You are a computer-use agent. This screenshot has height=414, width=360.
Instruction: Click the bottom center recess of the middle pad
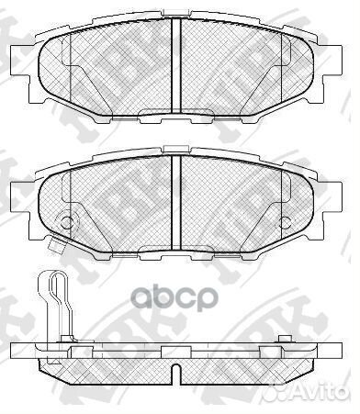[175, 248]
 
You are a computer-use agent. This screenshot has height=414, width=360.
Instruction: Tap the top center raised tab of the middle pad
[175, 150]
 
